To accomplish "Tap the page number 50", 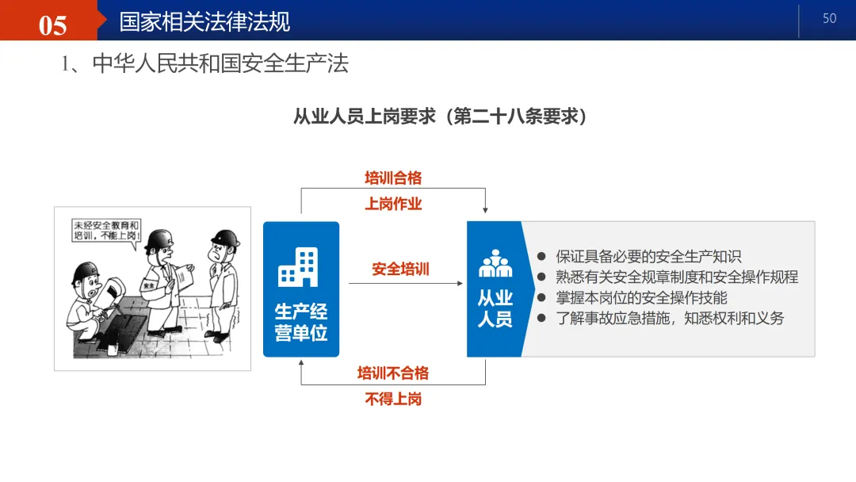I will pos(830,18).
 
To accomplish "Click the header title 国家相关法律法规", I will pos(204,21).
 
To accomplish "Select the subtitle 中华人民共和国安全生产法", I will pos(220,63).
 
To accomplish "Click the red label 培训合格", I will pos(393,178).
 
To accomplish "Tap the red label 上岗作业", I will pos(393,204).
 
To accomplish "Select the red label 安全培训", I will pos(400,270).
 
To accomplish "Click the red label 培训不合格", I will pos(393,373).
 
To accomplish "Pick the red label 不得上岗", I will pos(393,399).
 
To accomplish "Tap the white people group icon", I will pos(495,264).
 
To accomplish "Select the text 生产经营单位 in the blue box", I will pos(301,322).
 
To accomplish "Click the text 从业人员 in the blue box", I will pos(495,309).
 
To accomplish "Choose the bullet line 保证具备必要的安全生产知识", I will pos(648,256).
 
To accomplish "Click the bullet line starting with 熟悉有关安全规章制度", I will pos(676,277).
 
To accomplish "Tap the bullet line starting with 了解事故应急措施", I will pos(669,319).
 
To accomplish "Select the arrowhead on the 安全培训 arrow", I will pos(460,283).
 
